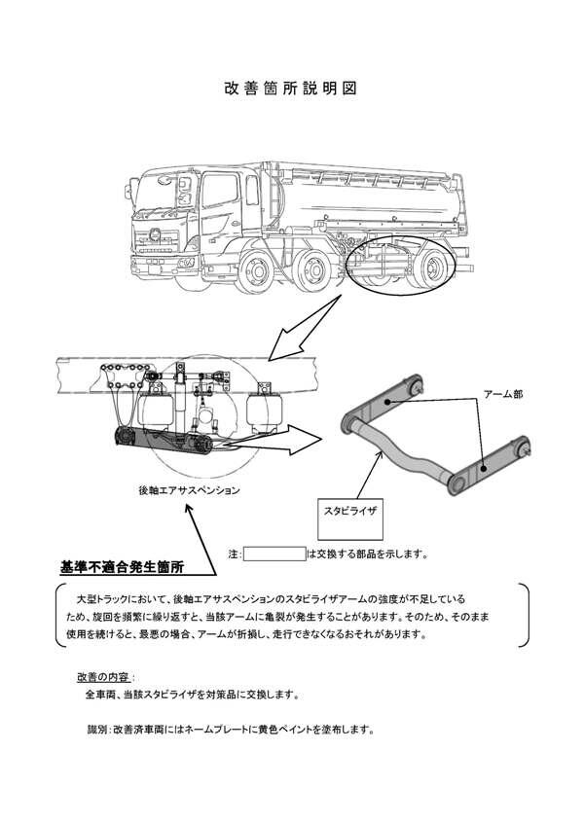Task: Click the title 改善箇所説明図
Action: (291, 88)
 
